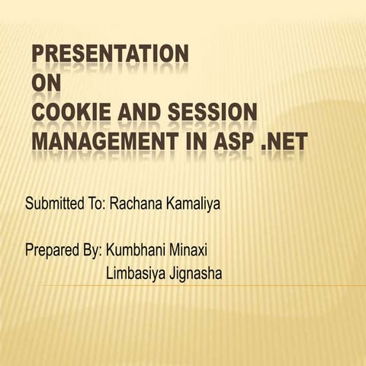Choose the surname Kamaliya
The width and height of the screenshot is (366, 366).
[x=185, y=204]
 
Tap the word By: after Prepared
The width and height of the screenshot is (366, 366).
[x=92, y=250]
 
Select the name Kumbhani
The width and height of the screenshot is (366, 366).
[x=136, y=249]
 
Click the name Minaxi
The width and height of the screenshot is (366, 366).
[x=189, y=249]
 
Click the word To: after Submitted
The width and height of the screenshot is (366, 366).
[x=97, y=204]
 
